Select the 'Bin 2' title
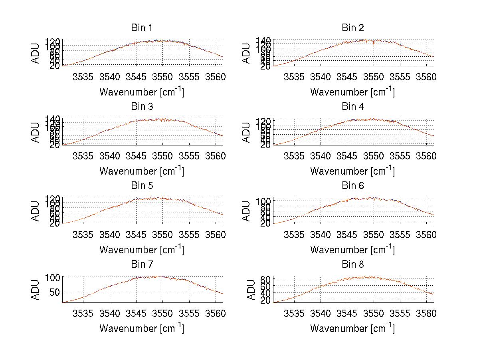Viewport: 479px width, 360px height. coord(352,28)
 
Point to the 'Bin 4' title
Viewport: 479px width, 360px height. coord(352,107)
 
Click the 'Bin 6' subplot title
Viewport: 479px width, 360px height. coord(352,186)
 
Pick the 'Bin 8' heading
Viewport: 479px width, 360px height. coord(352,265)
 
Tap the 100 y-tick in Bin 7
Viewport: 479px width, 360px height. coord(52,277)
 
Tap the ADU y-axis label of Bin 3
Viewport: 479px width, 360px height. coord(36,132)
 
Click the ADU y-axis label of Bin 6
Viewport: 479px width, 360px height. coord(247,211)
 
